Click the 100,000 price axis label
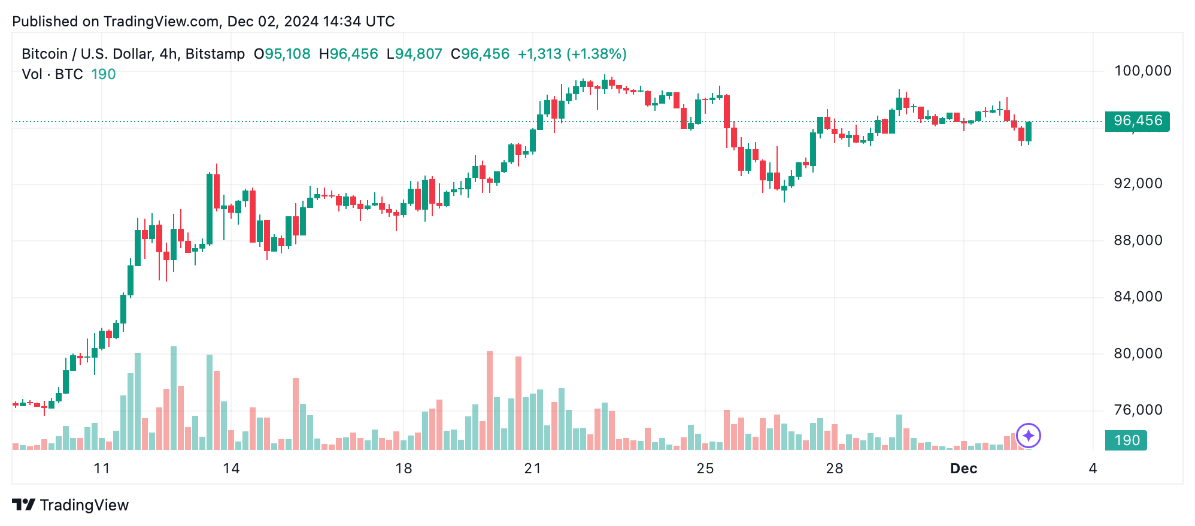[1142, 71]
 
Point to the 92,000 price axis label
[1138, 183]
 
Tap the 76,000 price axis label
[1138, 410]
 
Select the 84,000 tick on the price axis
[1138, 297]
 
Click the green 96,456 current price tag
[1137, 121]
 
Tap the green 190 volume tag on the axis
[1126, 440]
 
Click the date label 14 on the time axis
[231, 468]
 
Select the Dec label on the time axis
[963, 468]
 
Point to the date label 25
[705, 468]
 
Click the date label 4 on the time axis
[1093, 468]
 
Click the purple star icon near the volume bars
[1029, 436]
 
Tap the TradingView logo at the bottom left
[71, 505]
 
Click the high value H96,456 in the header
[348, 54]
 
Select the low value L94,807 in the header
[414, 54]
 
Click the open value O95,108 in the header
[282, 54]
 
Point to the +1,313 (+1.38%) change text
[572, 54]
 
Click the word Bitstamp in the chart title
[215, 54]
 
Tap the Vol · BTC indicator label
[52, 74]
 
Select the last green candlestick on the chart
[1029, 131]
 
